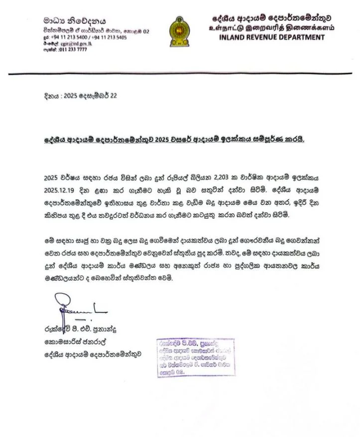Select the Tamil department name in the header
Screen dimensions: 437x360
pos(271,27)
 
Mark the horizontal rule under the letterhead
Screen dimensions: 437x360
pos(180,74)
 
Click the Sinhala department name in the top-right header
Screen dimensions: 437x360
pos(272,18)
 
